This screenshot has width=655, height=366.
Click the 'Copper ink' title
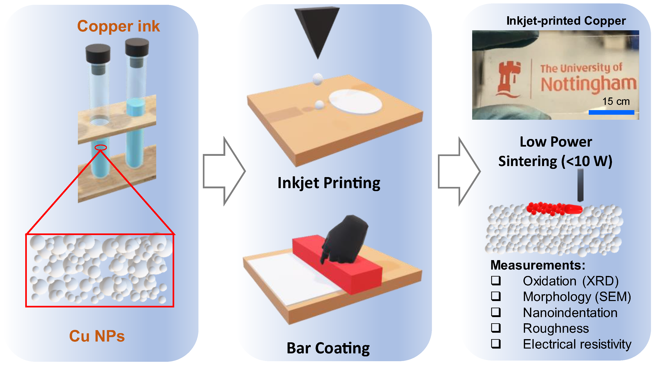click(x=119, y=26)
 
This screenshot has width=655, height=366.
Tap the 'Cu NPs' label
click(x=97, y=336)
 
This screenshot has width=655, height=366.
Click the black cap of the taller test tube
click(x=137, y=47)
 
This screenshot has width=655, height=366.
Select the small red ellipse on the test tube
click(x=101, y=147)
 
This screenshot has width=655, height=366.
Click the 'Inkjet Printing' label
click(x=329, y=183)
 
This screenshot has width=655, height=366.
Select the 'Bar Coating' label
click(x=328, y=348)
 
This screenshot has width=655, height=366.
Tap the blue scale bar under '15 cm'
click(x=611, y=112)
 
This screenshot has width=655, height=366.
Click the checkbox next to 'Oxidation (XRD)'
click(x=496, y=280)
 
